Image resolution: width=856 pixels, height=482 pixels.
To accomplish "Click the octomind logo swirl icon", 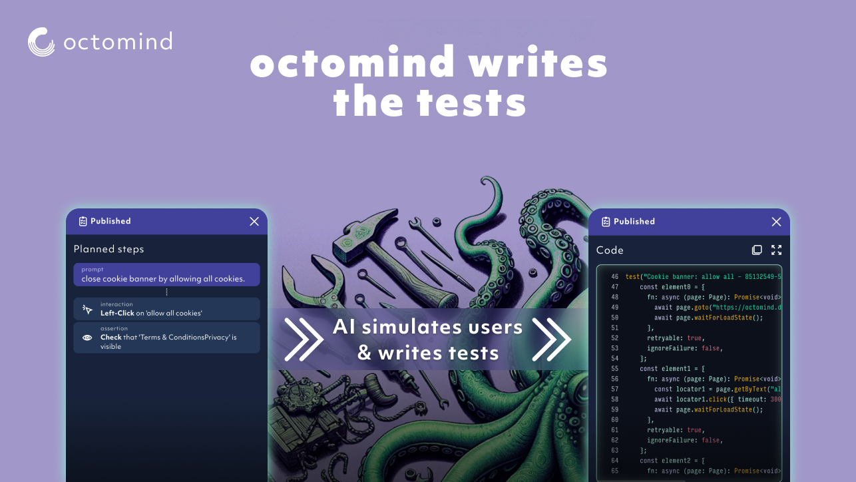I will tap(41, 42).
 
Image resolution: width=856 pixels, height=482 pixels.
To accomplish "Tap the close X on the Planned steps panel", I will tap(254, 222).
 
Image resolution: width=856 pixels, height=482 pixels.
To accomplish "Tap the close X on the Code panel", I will tap(776, 222).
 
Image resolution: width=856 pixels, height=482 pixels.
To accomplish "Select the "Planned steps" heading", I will tap(108, 249).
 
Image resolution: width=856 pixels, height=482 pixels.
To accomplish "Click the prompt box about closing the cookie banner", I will tap(166, 275).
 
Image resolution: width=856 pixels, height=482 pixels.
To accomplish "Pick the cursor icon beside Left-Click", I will tap(87, 309).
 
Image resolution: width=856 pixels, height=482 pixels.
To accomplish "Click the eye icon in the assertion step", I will tap(87, 338).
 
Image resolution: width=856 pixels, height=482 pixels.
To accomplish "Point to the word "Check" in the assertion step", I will tap(111, 338).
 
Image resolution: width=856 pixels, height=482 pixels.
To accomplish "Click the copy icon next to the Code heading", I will tap(757, 250).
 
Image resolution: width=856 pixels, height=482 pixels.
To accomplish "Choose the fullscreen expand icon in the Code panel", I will tap(776, 250).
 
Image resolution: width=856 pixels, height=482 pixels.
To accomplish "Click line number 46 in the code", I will tap(614, 276).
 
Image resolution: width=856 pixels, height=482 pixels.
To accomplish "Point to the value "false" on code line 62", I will tap(712, 440).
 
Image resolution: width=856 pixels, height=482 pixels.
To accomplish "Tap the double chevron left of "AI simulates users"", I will tap(304, 339).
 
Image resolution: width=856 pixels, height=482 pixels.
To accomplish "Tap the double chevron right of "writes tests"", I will tap(551, 339).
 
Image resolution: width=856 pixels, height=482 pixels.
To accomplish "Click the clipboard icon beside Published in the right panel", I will tap(606, 222).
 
